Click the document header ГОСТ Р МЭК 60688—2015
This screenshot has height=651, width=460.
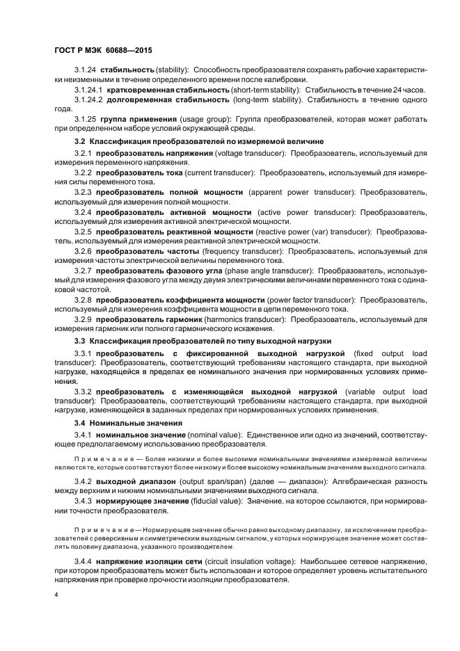[x=102, y=51]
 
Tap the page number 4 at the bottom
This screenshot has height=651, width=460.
[x=56, y=595]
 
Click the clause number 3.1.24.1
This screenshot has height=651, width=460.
[x=88, y=90]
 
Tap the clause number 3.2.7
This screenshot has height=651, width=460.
[x=83, y=270]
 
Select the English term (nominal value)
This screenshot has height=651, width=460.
[x=204, y=434]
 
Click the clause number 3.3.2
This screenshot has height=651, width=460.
[x=83, y=392]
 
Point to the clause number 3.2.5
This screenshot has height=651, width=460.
[x=83, y=230]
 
